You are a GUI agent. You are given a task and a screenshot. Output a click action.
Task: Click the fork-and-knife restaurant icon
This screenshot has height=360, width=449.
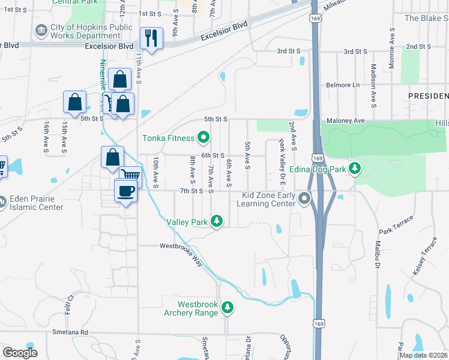pos(150,39)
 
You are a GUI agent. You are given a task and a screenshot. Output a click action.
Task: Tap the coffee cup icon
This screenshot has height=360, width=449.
pos(125,191)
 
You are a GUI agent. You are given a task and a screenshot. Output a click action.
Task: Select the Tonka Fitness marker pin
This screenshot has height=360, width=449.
pos(203,138)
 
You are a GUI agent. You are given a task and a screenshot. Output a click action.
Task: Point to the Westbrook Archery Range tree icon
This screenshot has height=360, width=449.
pos(227,308)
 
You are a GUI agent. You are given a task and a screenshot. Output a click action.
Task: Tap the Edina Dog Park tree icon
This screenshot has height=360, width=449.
pos(356,169)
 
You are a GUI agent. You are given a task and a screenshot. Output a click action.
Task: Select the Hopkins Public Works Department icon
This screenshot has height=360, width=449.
pos(41,30)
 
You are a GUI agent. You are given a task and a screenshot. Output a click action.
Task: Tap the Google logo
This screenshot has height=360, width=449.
pos(20,353)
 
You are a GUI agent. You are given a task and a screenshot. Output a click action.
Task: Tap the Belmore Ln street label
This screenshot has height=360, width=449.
pos(343,85)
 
